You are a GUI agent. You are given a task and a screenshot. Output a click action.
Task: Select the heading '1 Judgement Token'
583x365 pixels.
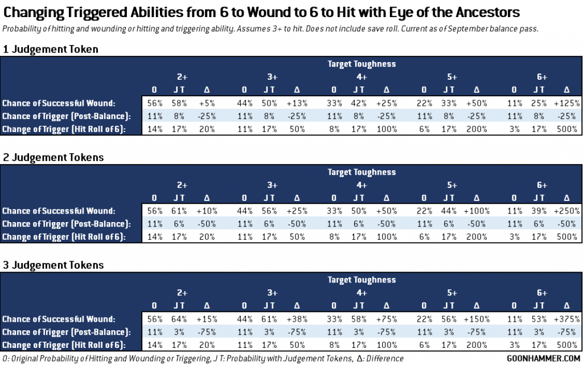(x=50, y=50)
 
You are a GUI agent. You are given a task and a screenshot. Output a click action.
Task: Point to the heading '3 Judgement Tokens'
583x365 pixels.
(x=52, y=265)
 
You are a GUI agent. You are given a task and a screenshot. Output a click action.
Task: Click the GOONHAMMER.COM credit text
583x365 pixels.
(x=541, y=358)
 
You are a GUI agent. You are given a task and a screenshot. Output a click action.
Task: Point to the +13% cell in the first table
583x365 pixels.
(x=295, y=103)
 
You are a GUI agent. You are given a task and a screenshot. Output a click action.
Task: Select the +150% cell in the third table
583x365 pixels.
(x=476, y=319)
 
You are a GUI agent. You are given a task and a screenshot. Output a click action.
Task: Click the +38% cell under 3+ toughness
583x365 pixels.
(x=295, y=319)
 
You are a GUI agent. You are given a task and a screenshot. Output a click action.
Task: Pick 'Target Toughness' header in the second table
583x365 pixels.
(x=362, y=172)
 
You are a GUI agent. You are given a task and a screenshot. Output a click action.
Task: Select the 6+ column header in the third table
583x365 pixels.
(x=541, y=292)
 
